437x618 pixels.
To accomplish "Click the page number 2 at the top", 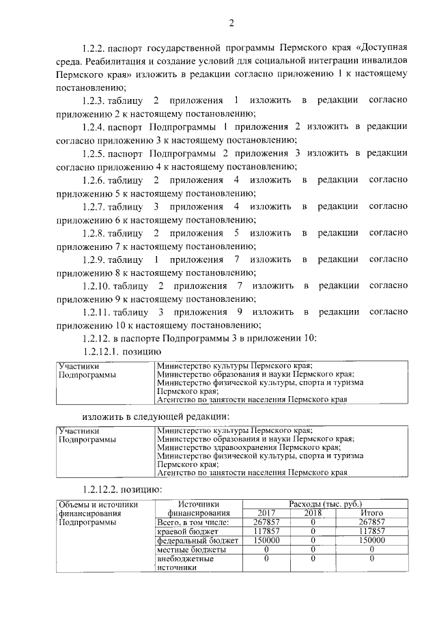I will point(231,24).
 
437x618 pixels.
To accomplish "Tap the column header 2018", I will point(313,513).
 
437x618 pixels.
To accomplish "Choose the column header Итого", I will point(371,513).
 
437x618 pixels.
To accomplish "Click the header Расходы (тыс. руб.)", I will point(325,504).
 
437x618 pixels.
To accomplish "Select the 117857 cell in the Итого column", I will point(371,531).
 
